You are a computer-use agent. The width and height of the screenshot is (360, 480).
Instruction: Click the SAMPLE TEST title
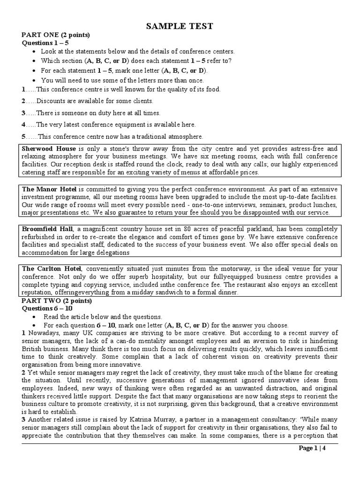(180, 27)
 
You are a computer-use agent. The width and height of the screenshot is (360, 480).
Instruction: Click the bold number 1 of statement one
(23, 89)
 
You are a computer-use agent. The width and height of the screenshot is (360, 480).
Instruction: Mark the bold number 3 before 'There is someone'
(23, 113)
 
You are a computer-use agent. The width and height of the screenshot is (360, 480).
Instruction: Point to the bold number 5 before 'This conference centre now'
(23, 136)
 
